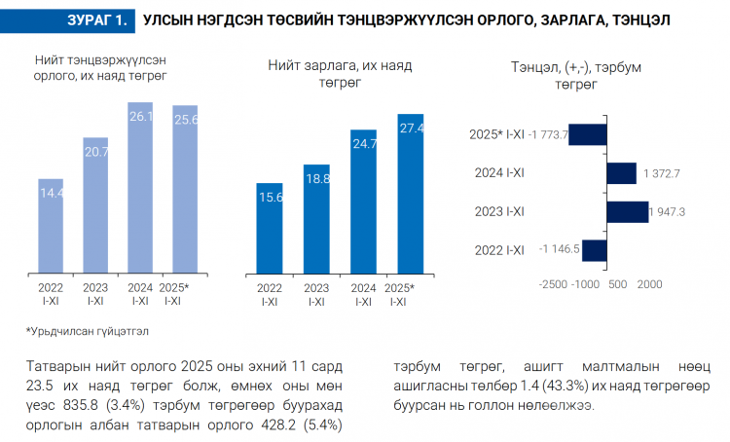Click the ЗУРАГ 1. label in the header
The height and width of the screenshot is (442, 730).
point(97,19)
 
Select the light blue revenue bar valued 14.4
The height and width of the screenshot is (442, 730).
point(51,229)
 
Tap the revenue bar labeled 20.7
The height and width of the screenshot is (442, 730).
point(95,209)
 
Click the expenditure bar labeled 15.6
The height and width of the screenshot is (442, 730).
point(270,231)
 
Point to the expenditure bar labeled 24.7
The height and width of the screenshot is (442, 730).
point(364,203)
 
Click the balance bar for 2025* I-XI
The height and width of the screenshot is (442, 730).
point(588,134)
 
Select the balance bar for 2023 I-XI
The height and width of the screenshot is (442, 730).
point(627,211)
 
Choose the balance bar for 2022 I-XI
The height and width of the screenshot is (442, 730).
point(595,249)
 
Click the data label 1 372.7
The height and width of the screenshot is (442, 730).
point(660,173)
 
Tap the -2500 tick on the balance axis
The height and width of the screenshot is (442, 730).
point(553,284)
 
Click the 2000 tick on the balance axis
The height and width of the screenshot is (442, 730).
point(649,284)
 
